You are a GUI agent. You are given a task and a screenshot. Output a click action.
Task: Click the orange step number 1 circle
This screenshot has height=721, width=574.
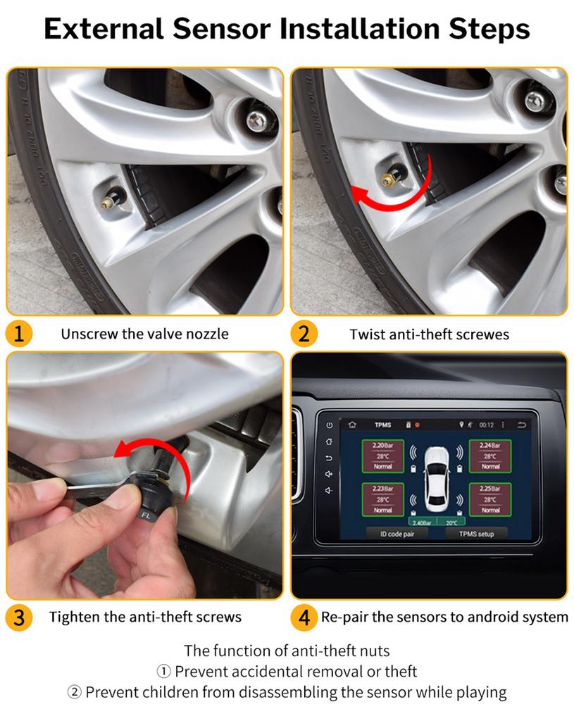pyautogui.click(x=19, y=333)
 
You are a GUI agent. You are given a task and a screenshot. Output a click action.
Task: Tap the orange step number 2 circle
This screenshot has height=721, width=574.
pyautogui.click(x=304, y=333)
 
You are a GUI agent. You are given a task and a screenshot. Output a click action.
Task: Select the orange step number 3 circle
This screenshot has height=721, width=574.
pyautogui.click(x=19, y=617)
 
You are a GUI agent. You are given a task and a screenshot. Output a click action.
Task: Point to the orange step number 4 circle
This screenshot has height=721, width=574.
pyautogui.click(x=304, y=617)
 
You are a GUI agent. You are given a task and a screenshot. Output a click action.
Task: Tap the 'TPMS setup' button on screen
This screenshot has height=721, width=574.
pyautogui.click(x=476, y=534)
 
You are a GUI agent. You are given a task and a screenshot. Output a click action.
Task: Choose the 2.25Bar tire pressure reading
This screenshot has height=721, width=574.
pyautogui.click(x=490, y=488)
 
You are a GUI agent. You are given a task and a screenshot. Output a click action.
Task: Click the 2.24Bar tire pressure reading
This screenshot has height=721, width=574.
pyautogui.click(x=490, y=446)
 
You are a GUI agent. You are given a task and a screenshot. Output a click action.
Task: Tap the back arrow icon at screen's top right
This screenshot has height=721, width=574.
pyautogui.click(x=522, y=425)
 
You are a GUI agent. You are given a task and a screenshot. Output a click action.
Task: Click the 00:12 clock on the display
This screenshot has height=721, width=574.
pyautogui.click(x=487, y=425)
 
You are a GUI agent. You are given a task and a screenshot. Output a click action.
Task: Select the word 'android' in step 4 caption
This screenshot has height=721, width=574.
pyautogui.click(x=488, y=617)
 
